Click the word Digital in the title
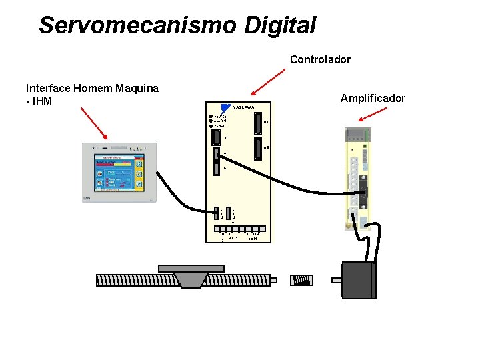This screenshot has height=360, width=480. pyautogui.click(x=279, y=25)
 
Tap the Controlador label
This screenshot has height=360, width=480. pyautogui.click(x=320, y=59)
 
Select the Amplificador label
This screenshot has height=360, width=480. pyautogui.click(x=373, y=98)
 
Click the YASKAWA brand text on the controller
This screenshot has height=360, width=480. pyautogui.click(x=244, y=107)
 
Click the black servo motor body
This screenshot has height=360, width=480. pyautogui.click(x=357, y=279)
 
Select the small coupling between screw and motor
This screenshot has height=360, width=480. pyautogui.click(x=301, y=280)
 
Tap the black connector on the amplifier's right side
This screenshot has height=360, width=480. pyautogui.click(x=364, y=193)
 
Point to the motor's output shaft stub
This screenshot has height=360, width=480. pyautogui.click(x=336, y=280)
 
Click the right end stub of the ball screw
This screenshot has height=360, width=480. pyautogui.click(x=273, y=280)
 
